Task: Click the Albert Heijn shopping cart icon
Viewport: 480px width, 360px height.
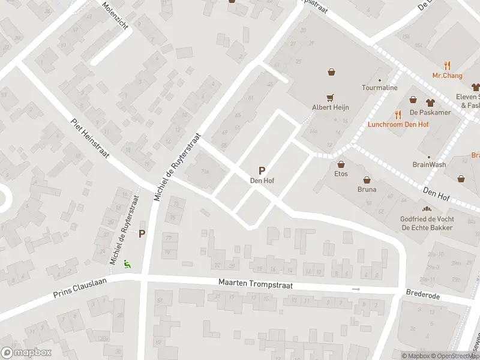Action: click(329, 97)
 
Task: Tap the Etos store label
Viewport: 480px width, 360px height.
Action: click(341, 174)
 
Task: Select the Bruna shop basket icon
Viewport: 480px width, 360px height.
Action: click(367, 179)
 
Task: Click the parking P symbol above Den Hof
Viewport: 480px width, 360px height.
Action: click(262, 170)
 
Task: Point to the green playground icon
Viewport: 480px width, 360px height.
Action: click(127, 263)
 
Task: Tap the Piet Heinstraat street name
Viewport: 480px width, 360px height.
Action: click(89, 137)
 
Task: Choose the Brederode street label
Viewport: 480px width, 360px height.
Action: click(423, 295)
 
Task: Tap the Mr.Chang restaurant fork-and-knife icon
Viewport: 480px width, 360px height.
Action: click(447, 65)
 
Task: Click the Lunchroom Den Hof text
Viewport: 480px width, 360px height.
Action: click(398, 124)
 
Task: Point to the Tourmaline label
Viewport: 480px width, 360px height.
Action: click(379, 88)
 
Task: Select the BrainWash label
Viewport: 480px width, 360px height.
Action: click(429, 164)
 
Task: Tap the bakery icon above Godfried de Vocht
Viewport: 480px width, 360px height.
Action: click(427, 209)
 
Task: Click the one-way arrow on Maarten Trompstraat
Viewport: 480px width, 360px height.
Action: click(356, 289)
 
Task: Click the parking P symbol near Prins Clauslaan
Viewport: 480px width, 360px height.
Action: click(142, 233)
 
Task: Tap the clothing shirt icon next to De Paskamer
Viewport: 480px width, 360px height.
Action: click(430, 102)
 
